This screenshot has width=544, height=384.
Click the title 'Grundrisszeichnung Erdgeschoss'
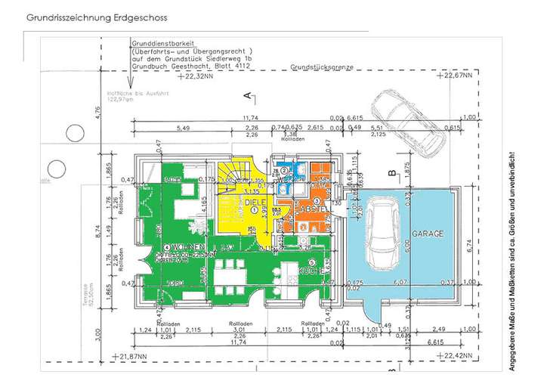(x=97, y=16)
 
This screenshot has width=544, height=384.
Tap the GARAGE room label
(x=428, y=234)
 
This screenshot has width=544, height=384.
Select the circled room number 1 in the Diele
(x=254, y=211)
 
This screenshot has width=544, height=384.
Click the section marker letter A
(x=247, y=95)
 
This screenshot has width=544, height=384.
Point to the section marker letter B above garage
(x=391, y=173)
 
